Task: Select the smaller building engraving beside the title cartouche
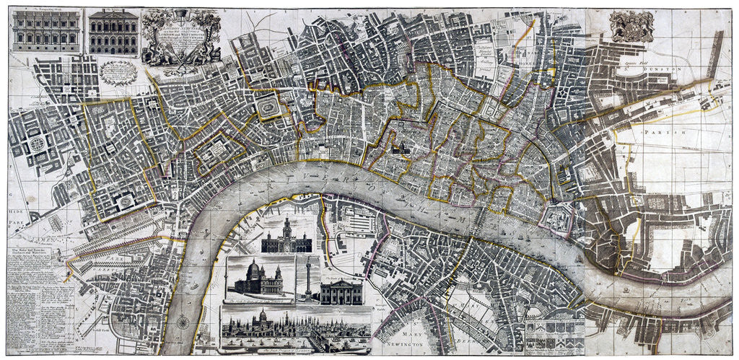[113, 33]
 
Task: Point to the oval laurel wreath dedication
[119, 73]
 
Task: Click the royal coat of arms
[631, 26]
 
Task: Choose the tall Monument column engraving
[308, 278]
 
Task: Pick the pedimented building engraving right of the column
[341, 291]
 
